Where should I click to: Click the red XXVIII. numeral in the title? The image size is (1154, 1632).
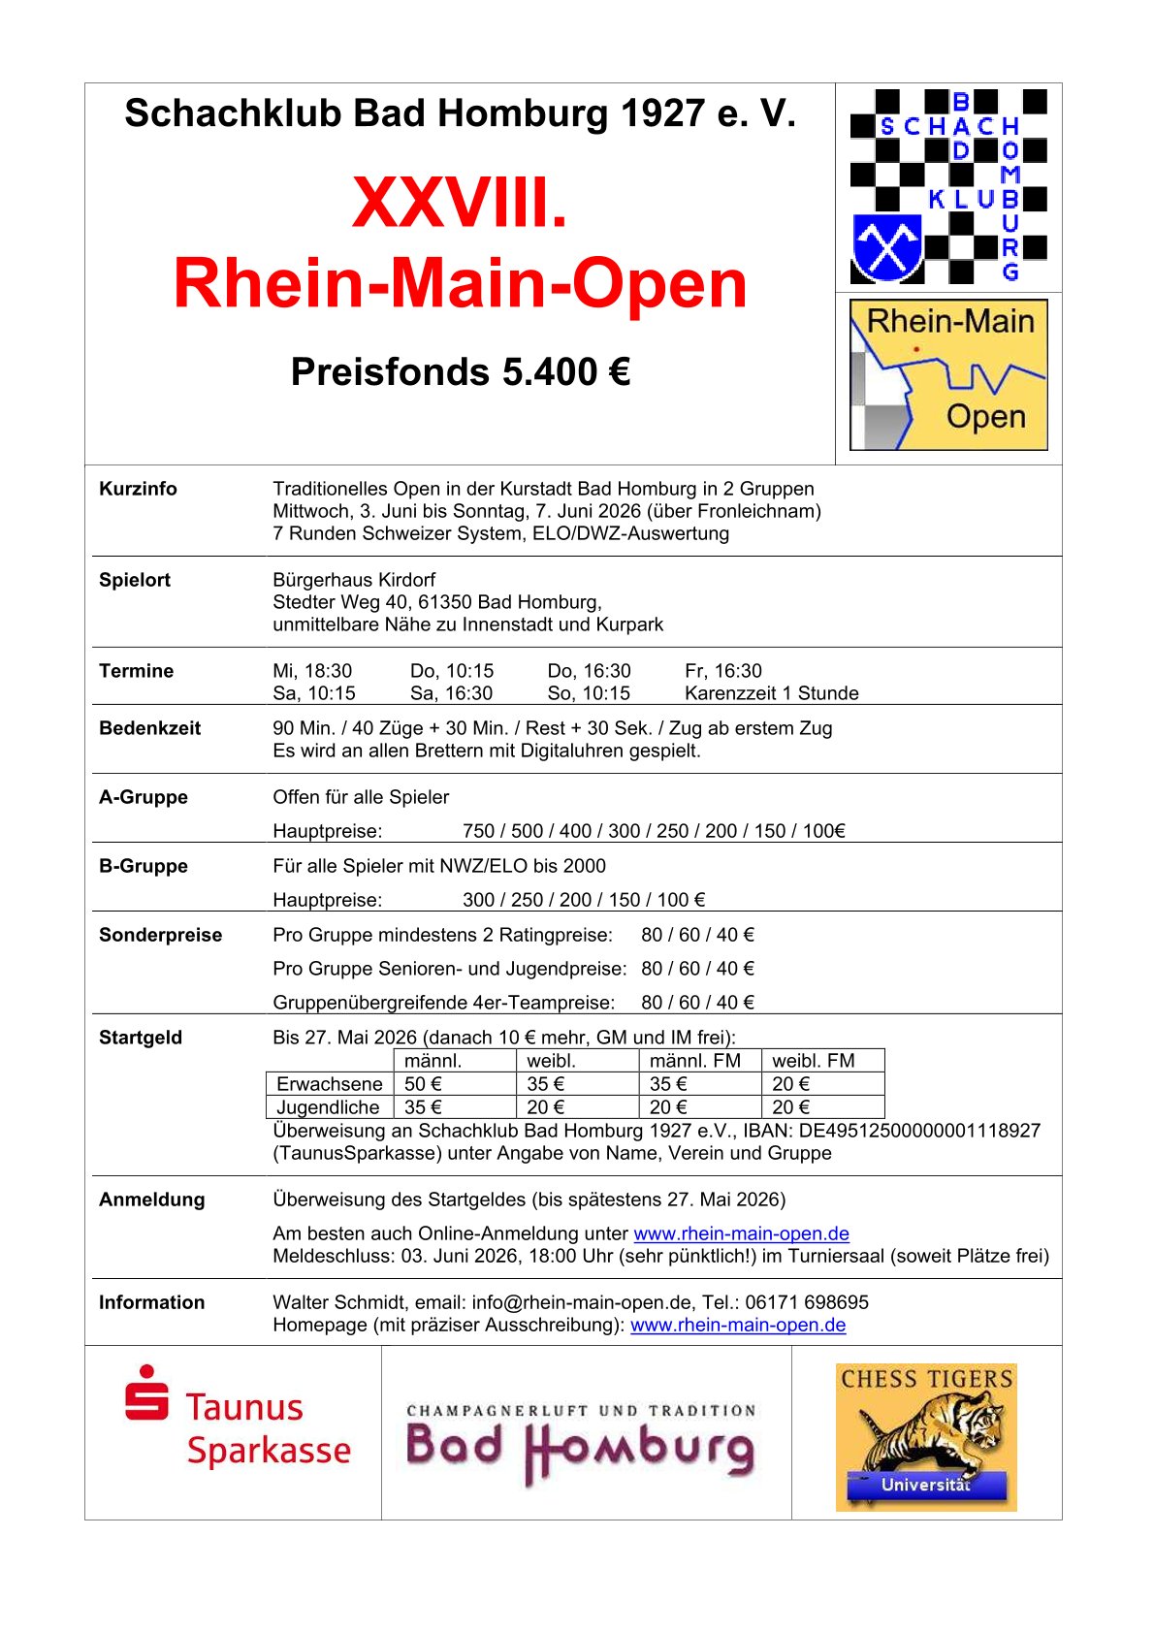coord(459,203)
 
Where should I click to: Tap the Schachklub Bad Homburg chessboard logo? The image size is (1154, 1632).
coord(947,186)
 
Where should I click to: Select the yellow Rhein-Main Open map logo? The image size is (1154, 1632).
coord(947,374)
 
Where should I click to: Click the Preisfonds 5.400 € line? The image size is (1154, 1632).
coord(461,372)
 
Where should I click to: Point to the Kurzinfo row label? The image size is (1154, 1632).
coord(138,489)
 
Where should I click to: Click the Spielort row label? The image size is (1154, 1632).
coord(135,580)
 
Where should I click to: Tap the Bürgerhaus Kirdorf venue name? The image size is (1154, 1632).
coord(354,580)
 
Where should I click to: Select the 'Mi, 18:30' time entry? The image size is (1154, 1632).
coord(312,671)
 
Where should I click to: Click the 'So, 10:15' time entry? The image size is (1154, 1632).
coord(589,693)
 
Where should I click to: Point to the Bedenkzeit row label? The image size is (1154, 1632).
coord(149,728)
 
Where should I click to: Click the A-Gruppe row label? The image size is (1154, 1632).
coord(144,797)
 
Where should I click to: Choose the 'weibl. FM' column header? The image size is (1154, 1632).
coord(814,1061)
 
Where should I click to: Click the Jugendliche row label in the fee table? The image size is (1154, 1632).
coord(328,1107)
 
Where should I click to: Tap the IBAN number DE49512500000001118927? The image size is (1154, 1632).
coord(919,1131)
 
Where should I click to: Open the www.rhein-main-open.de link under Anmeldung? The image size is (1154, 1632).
coord(741,1233)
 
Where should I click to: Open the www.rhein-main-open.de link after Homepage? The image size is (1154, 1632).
coord(738,1325)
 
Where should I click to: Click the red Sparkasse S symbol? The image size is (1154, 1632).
coord(146,1393)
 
